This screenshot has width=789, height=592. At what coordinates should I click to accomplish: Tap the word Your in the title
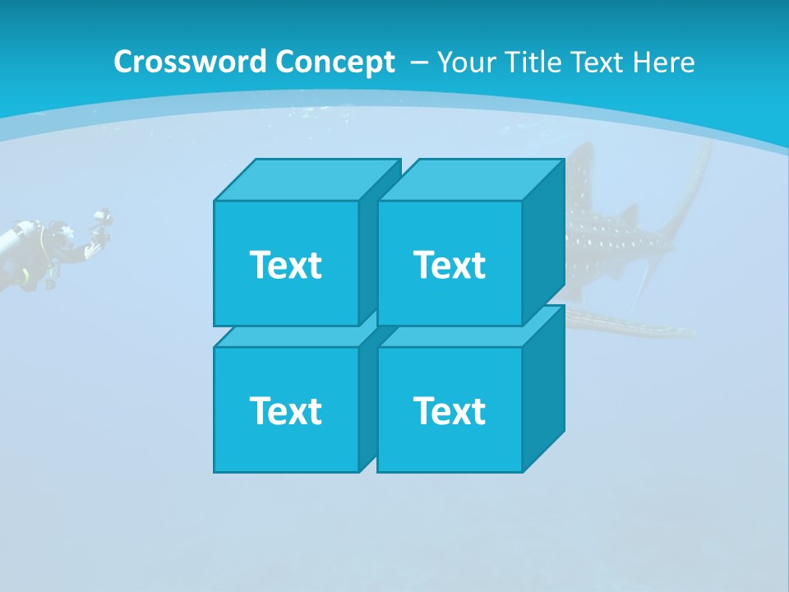468,62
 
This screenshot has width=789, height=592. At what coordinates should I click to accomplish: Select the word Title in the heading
534,62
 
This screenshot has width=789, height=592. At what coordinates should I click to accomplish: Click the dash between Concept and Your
418,62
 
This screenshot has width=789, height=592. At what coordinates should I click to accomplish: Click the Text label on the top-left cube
285,265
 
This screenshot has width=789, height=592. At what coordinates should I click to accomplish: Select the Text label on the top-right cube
449,265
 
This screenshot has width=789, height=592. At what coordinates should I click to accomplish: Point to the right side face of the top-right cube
543,238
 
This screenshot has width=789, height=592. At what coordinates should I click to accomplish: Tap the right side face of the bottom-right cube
543,386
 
